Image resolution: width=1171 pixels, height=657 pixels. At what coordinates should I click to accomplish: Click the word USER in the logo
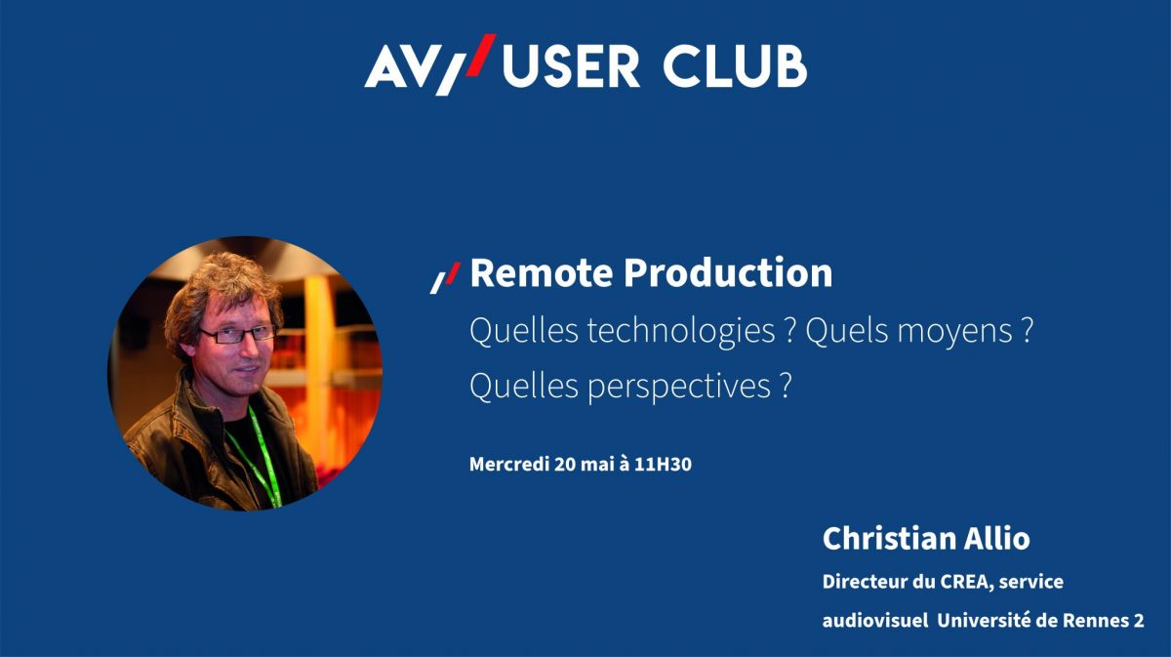point(571,67)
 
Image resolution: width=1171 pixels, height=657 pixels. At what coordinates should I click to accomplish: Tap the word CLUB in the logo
point(735,67)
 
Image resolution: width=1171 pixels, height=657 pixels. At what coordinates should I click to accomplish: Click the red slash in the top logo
point(481,55)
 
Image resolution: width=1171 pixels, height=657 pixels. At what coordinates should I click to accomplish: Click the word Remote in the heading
point(542,273)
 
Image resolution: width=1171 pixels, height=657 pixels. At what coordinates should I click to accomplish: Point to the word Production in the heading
point(728,273)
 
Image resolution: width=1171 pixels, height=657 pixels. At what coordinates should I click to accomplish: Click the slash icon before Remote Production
point(445,278)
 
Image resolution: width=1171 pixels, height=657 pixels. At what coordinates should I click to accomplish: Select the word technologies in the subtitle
point(681,332)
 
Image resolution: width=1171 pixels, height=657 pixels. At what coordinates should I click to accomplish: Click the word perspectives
point(679,388)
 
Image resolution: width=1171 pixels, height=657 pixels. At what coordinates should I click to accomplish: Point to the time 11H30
point(663,464)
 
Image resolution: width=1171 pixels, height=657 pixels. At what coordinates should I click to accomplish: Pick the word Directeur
point(866,582)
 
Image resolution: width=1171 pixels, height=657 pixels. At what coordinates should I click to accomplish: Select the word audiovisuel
point(875,621)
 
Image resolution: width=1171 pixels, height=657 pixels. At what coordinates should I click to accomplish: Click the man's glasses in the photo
point(238,334)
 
